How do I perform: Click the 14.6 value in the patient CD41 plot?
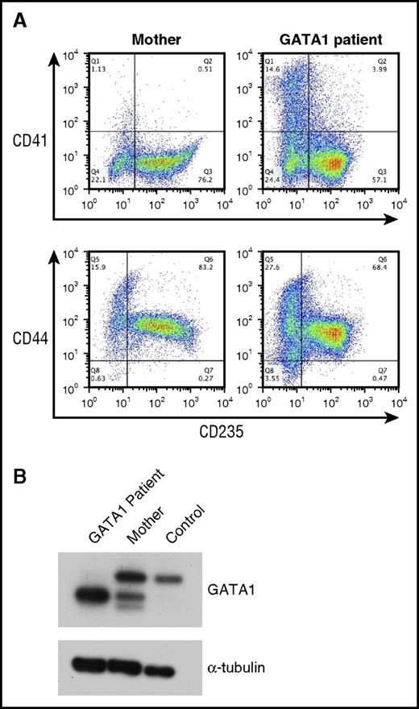click(x=251, y=70)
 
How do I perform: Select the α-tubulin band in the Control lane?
click(x=189, y=669)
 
